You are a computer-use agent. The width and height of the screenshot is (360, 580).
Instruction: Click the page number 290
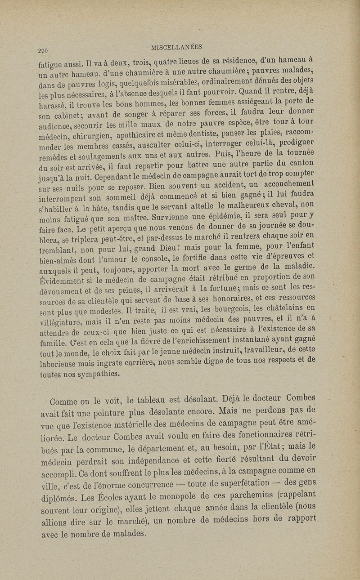[47, 50]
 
